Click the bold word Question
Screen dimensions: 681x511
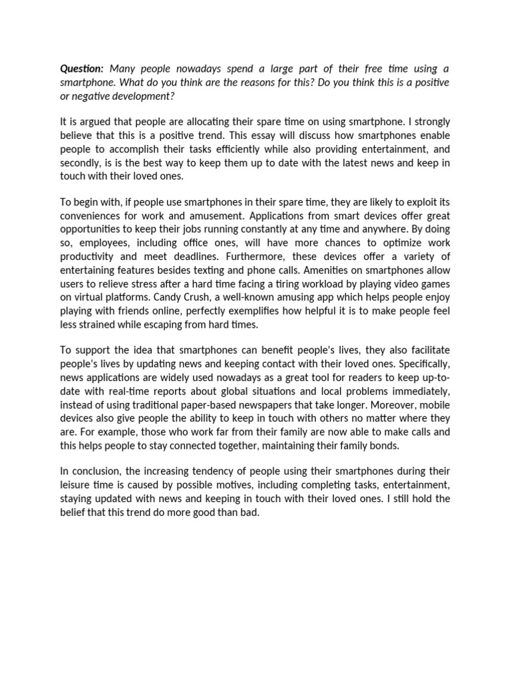tap(82, 69)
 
